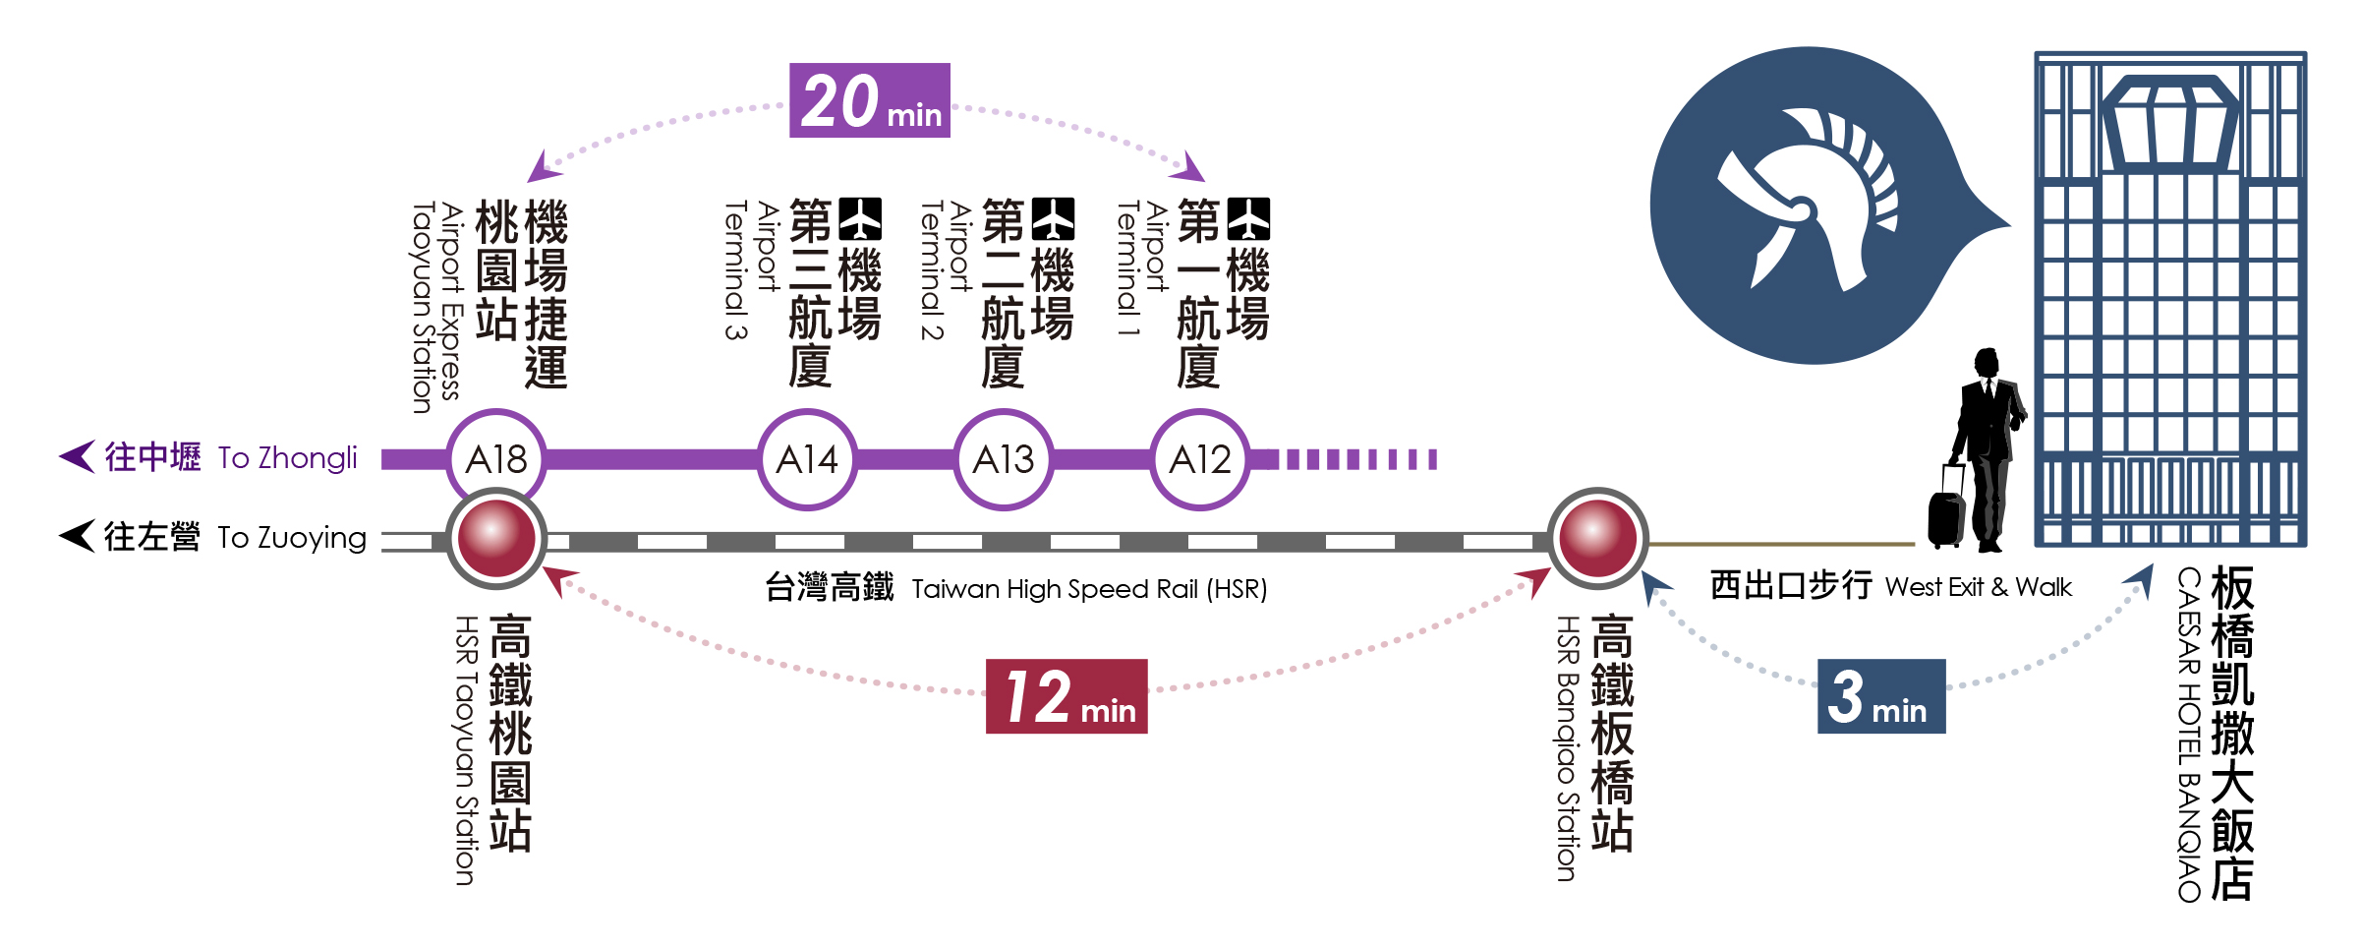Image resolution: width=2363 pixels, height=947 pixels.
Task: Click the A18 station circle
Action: (496, 459)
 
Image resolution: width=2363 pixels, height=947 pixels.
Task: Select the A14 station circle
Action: (807, 459)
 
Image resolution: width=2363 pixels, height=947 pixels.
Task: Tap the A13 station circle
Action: (1004, 459)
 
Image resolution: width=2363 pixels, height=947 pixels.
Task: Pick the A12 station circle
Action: (1200, 459)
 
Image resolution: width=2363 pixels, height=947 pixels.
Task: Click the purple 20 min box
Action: (870, 101)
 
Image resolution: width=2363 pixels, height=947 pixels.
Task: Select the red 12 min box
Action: (1066, 696)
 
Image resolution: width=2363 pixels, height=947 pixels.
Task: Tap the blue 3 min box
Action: (1881, 696)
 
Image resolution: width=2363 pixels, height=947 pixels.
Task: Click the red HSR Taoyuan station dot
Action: (496, 538)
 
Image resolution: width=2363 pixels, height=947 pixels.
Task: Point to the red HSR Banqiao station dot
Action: (1598, 538)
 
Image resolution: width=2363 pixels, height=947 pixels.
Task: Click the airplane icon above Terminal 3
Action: (860, 219)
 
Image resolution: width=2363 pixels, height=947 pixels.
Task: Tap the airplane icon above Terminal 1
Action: (1248, 219)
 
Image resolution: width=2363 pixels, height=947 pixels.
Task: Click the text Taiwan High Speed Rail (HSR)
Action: (1089, 589)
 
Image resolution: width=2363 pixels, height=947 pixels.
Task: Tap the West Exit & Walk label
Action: (1978, 587)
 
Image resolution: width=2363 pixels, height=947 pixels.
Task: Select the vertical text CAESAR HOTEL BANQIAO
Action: (2189, 734)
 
